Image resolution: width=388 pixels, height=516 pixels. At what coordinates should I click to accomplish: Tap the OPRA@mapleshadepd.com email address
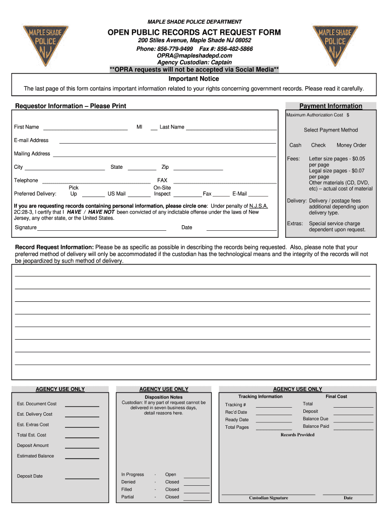point(195,55)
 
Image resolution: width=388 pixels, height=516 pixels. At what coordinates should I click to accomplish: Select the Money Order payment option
point(351,145)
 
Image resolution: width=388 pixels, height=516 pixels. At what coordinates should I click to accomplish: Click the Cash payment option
point(295,145)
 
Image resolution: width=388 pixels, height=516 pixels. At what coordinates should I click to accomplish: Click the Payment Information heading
point(331,106)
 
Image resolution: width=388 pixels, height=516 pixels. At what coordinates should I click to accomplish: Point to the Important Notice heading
point(194,79)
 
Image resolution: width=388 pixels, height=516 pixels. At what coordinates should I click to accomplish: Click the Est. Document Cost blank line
point(82,405)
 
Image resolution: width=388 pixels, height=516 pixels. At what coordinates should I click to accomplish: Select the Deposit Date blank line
point(82,478)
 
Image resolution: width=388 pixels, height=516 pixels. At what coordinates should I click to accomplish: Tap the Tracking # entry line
point(274,406)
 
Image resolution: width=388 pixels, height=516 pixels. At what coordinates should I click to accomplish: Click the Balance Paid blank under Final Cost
point(354,428)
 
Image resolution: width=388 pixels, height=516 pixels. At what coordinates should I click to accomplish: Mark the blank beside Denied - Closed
point(197,484)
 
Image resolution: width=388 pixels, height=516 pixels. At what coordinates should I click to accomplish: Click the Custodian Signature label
point(269,498)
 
